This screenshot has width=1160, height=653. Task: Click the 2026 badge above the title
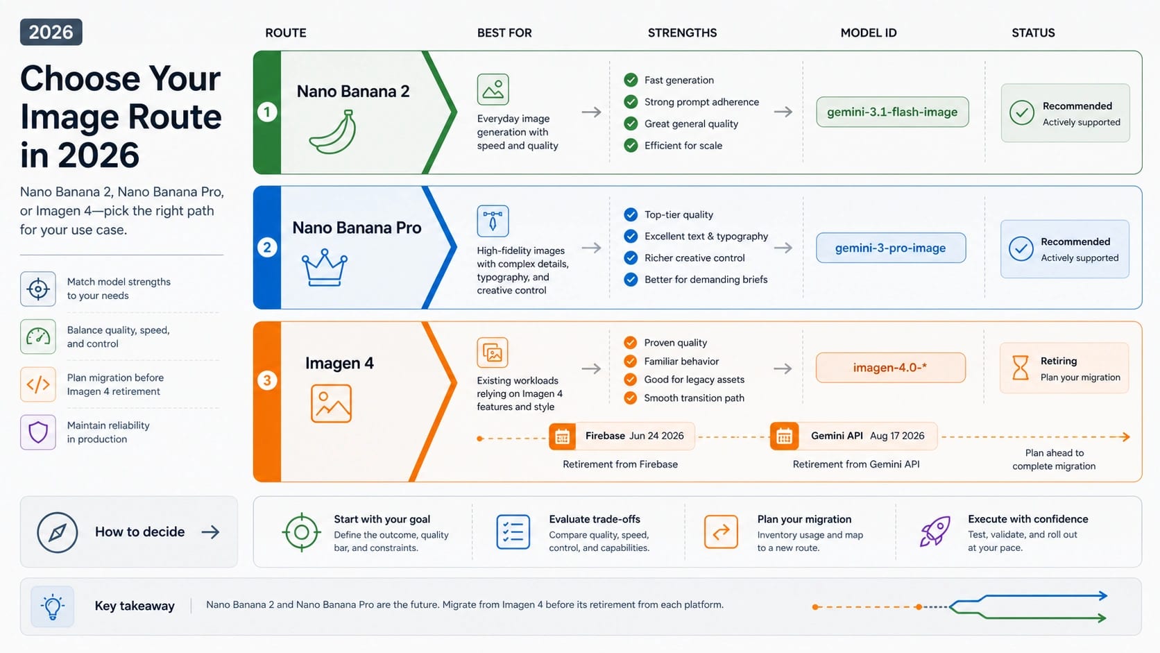click(51, 32)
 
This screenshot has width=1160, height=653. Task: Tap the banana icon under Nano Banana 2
click(333, 132)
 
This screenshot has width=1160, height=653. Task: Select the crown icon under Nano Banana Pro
click(325, 267)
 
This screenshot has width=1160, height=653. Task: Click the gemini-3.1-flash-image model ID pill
click(892, 112)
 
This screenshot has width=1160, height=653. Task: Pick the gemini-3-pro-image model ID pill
click(891, 248)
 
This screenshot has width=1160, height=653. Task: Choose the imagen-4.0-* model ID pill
click(890, 368)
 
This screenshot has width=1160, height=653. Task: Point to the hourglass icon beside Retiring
click(1020, 368)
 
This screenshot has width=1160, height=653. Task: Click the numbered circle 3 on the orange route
click(267, 380)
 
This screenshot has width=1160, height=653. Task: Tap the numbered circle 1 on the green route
click(267, 112)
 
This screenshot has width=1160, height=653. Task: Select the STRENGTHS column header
click(682, 33)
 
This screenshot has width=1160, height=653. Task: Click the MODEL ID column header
click(869, 33)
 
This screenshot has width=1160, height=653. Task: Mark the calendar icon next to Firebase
click(563, 436)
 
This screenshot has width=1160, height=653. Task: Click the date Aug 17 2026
click(897, 436)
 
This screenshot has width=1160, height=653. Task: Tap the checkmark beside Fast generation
click(631, 80)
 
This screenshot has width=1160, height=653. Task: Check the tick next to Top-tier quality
click(631, 214)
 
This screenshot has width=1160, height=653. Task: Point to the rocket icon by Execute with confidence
click(935, 532)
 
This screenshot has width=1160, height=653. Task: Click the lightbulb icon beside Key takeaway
click(52, 607)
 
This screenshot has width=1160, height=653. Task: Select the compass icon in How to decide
click(57, 532)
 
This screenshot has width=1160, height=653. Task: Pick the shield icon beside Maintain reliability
click(37, 432)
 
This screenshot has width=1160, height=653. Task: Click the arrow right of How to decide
click(210, 532)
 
